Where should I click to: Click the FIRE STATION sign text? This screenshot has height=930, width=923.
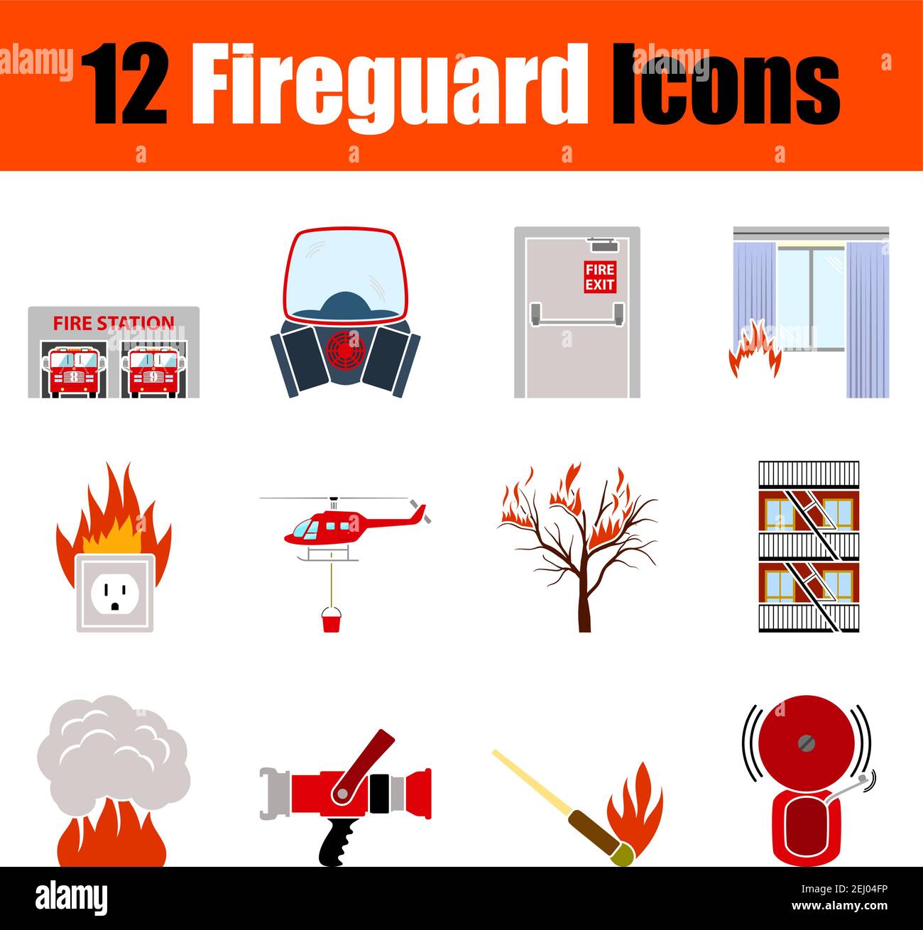click(x=114, y=323)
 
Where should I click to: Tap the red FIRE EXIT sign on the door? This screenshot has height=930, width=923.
click(x=600, y=277)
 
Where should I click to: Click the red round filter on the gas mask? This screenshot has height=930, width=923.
click(x=346, y=348)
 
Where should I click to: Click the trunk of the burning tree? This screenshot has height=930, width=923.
click(x=584, y=603)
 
